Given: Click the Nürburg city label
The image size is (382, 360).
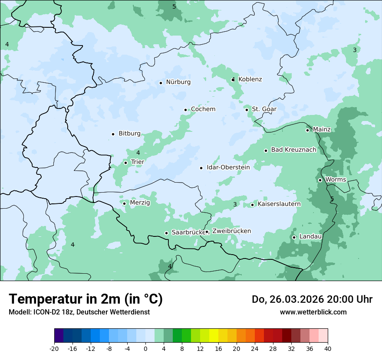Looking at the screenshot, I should click(178, 82).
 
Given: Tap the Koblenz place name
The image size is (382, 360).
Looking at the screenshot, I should click(250, 79).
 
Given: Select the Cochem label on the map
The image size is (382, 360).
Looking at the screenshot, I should click(203, 109).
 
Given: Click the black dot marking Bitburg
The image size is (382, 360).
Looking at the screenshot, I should click(113, 134).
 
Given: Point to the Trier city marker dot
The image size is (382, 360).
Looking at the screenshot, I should click(125, 163).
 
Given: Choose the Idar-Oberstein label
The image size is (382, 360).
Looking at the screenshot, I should click(228, 167).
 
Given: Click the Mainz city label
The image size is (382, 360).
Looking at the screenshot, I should click(322, 130).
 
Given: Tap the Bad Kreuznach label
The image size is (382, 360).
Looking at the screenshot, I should click(293, 150).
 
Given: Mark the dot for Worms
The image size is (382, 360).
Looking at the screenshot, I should click(320, 180).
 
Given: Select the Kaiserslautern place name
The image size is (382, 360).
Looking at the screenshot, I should click(279, 204).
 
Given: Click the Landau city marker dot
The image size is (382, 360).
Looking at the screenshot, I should click(294, 237).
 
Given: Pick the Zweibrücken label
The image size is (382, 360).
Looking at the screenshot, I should click(231, 231).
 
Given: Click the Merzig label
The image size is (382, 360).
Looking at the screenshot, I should click(140, 203).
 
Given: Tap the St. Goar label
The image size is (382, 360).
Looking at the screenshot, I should click(264, 109).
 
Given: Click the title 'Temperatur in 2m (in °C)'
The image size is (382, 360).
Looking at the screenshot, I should click(86, 299).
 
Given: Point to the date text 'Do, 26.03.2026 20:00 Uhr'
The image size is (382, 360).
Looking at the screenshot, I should click(312, 299).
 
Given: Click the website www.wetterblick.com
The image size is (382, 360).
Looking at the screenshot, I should click(313, 312).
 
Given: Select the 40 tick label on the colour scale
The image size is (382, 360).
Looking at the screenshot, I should click(328, 349).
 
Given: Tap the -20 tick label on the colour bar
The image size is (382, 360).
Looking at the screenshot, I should click(54, 349).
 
